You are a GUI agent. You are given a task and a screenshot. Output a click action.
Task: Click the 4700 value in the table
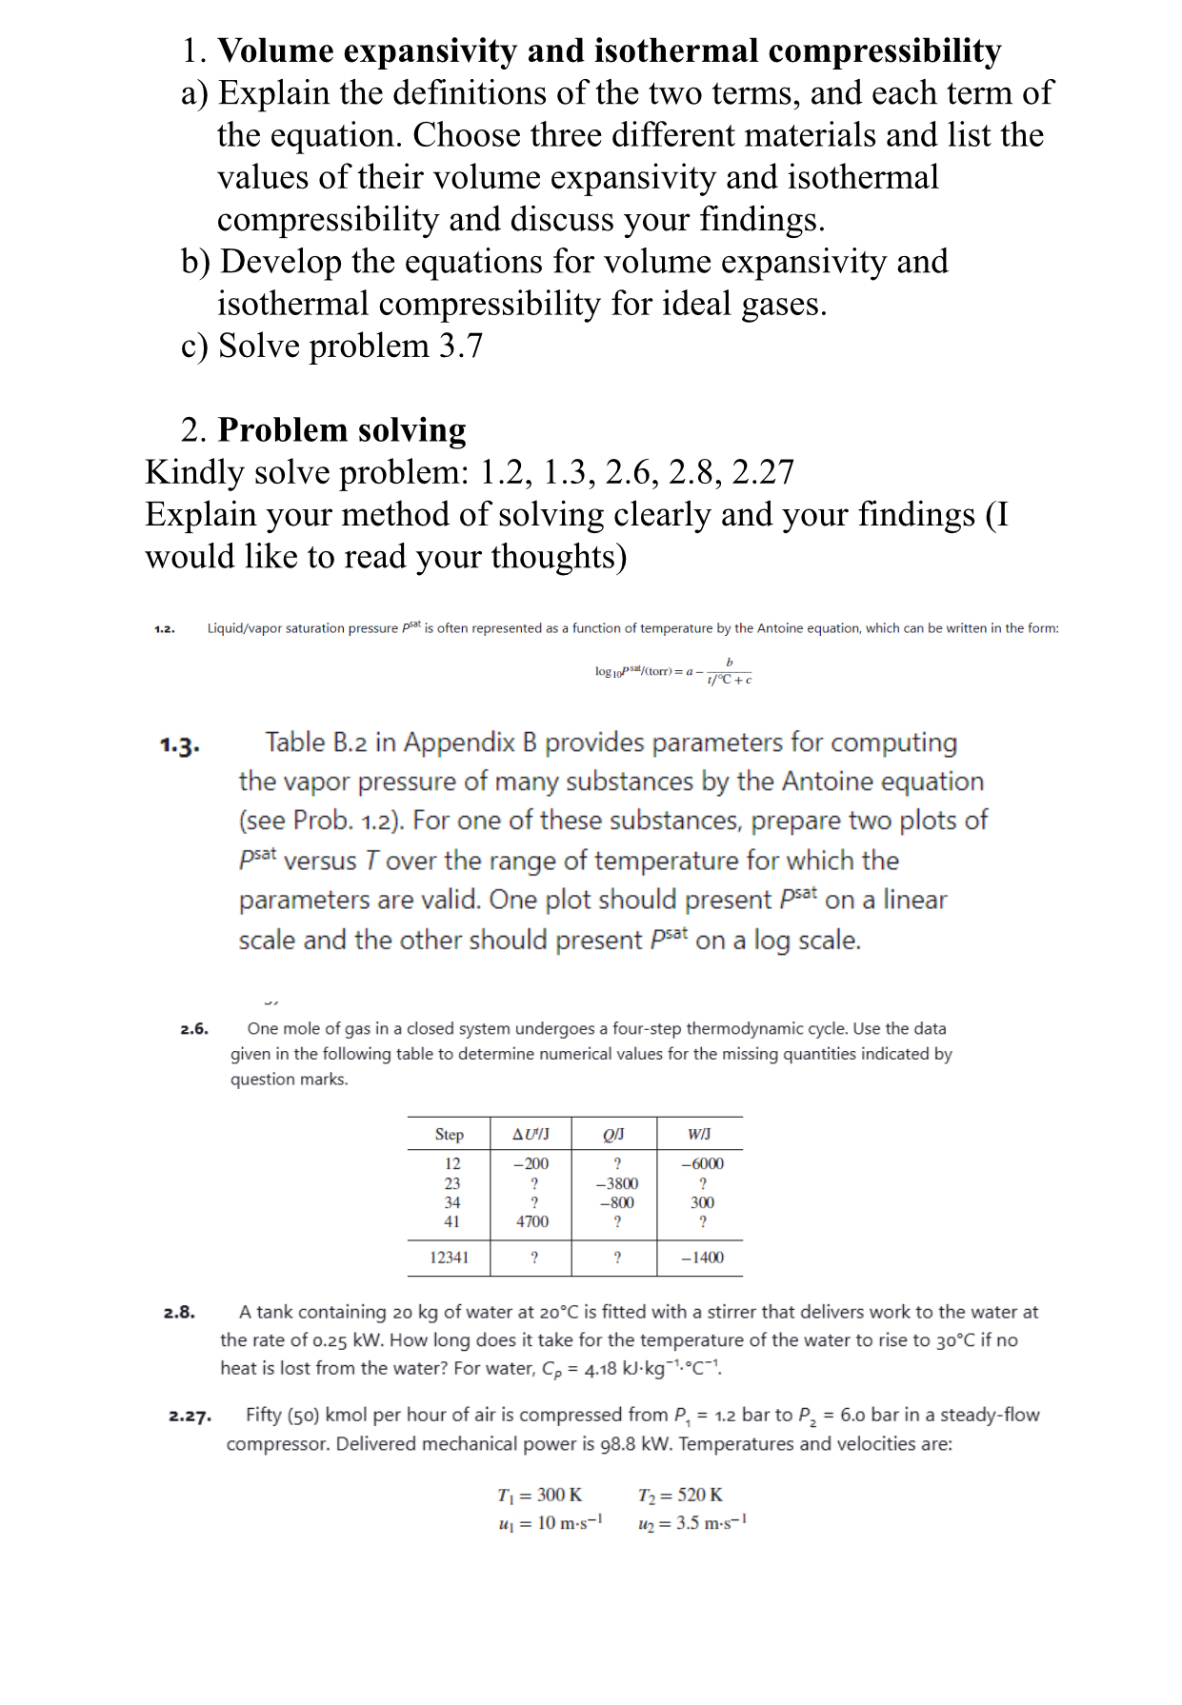point(531,1221)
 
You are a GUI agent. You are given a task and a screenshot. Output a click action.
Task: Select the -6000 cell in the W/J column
point(702,1163)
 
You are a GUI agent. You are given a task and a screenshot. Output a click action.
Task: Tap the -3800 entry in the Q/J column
point(616,1183)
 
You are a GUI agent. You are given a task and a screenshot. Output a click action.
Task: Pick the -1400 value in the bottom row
point(702,1258)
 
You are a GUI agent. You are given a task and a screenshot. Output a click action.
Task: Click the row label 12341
point(449,1258)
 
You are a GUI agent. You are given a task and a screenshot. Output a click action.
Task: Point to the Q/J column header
point(614,1134)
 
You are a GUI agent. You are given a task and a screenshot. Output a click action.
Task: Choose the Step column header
point(449,1134)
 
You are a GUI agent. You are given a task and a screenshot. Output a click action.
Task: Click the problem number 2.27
point(190,1416)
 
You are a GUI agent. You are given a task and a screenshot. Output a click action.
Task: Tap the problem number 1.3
point(179,744)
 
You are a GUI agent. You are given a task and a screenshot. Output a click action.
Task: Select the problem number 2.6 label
point(194,1029)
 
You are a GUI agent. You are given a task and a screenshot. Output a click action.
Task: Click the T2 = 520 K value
point(680,1495)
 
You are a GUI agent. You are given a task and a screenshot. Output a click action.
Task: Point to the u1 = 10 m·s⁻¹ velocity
point(550,1523)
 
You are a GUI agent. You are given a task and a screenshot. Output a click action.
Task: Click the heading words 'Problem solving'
point(342,430)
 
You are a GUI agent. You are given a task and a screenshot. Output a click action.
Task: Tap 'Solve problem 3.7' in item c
point(351,346)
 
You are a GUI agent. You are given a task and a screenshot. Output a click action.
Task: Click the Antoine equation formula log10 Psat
point(672,671)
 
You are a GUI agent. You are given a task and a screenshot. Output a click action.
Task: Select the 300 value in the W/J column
point(702,1202)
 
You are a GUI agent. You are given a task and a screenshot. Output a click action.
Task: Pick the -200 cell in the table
point(531,1163)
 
